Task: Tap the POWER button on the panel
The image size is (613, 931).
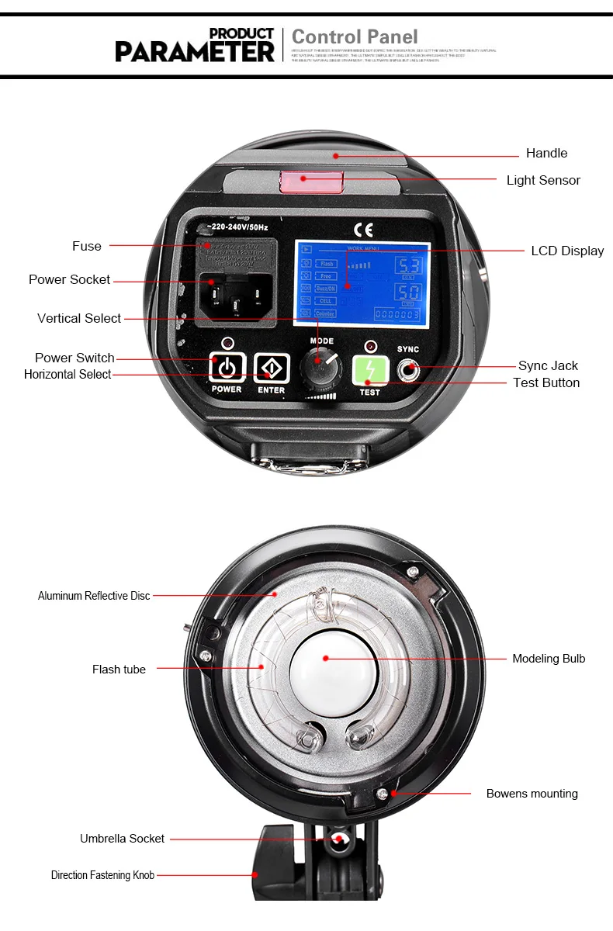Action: [x=227, y=368]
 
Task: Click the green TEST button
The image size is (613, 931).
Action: [x=370, y=370]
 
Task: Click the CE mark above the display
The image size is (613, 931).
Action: [x=363, y=229]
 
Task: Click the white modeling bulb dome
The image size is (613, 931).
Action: [x=326, y=659]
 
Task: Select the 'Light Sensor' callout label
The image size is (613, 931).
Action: [x=543, y=180]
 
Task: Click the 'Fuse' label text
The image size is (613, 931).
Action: [x=87, y=246]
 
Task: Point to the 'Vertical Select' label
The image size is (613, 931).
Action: [x=79, y=318]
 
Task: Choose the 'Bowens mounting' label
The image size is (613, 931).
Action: [x=532, y=794]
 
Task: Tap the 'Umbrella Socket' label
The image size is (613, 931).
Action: [x=122, y=839]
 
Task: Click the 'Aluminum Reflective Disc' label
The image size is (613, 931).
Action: [x=94, y=596]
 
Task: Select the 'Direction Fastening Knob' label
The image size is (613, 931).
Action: [x=102, y=875]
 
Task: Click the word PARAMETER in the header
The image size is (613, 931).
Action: [x=195, y=52]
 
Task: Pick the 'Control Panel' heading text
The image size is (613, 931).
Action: [x=355, y=36]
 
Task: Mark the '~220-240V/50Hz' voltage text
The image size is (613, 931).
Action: [x=238, y=227]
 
